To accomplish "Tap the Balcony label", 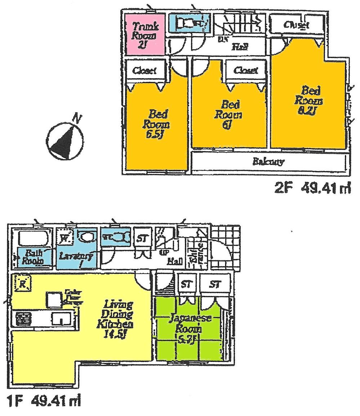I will click(268, 162).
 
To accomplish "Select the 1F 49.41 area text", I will click(43, 400).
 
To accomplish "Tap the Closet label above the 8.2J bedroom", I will click(296, 25).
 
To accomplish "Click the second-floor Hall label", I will click(236, 46).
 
